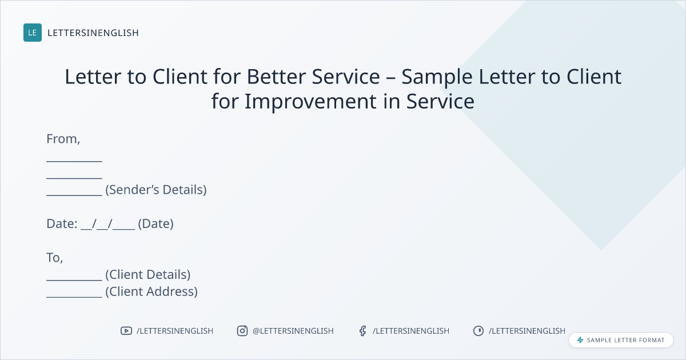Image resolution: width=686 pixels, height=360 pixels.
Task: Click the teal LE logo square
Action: tap(33, 33)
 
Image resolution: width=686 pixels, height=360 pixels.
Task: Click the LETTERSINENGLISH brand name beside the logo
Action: tap(93, 33)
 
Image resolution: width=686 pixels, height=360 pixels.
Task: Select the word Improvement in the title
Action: tap(310, 102)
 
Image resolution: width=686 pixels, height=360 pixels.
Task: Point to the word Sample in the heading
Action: tap(437, 77)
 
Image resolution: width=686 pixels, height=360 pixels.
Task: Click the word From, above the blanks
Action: tap(63, 139)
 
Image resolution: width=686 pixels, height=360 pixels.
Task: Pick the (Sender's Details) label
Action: tap(156, 190)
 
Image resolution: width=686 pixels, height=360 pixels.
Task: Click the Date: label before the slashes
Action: tap(62, 224)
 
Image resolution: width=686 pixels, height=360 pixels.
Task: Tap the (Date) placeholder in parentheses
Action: tap(155, 224)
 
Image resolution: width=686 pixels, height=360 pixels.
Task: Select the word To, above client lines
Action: tap(54, 258)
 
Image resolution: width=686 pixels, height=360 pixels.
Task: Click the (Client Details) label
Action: tap(148, 275)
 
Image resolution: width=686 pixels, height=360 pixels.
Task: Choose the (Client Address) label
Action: tap(151, 292)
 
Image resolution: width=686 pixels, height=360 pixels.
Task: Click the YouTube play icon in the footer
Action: tap(126, 331)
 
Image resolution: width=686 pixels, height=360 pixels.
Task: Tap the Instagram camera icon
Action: tap(242, 331)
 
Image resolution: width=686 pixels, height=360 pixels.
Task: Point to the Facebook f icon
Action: tap(363, 331)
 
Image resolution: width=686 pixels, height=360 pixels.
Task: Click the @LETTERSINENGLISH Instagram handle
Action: tap(293, 331)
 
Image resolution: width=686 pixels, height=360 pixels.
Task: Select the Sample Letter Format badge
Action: tap(621, 340)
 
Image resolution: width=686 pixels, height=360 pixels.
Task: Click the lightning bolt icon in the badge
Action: tap(580, 340)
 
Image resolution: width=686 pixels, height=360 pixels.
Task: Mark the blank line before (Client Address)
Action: tap(74, 297)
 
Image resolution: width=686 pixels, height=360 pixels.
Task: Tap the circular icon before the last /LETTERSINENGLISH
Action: tap(478, 331)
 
